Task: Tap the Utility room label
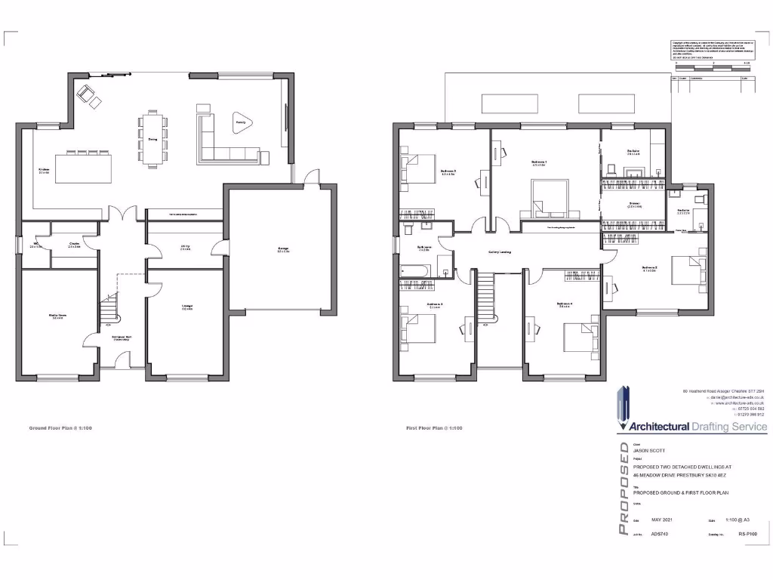(x=185, y=248)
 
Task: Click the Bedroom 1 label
(x=539, y=162)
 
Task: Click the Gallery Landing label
(x=501, y=251)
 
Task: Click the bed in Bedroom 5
(x=417, y=329)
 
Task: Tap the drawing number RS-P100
(x=747, y=534)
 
